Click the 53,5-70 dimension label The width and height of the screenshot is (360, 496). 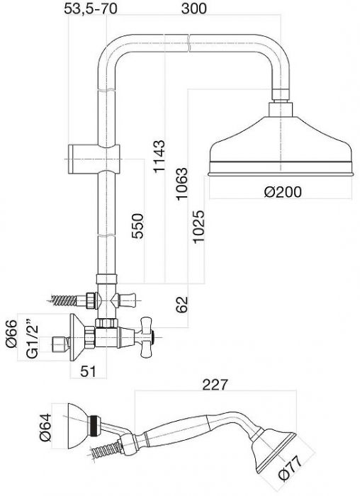pos(91,9)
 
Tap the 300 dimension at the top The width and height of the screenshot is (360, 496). pos(194,9)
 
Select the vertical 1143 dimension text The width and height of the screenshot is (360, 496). pos(159,156)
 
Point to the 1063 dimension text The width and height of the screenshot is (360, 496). pos(182,184)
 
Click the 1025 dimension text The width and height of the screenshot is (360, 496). pos(199,227)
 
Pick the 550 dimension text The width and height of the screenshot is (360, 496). pos(137,226)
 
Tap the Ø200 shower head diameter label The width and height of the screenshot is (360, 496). pos(283,192)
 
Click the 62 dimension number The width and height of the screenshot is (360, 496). pos(182,305)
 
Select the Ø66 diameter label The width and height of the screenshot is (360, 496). pos(12,334)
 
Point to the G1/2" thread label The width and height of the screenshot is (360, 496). pos(32,341)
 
